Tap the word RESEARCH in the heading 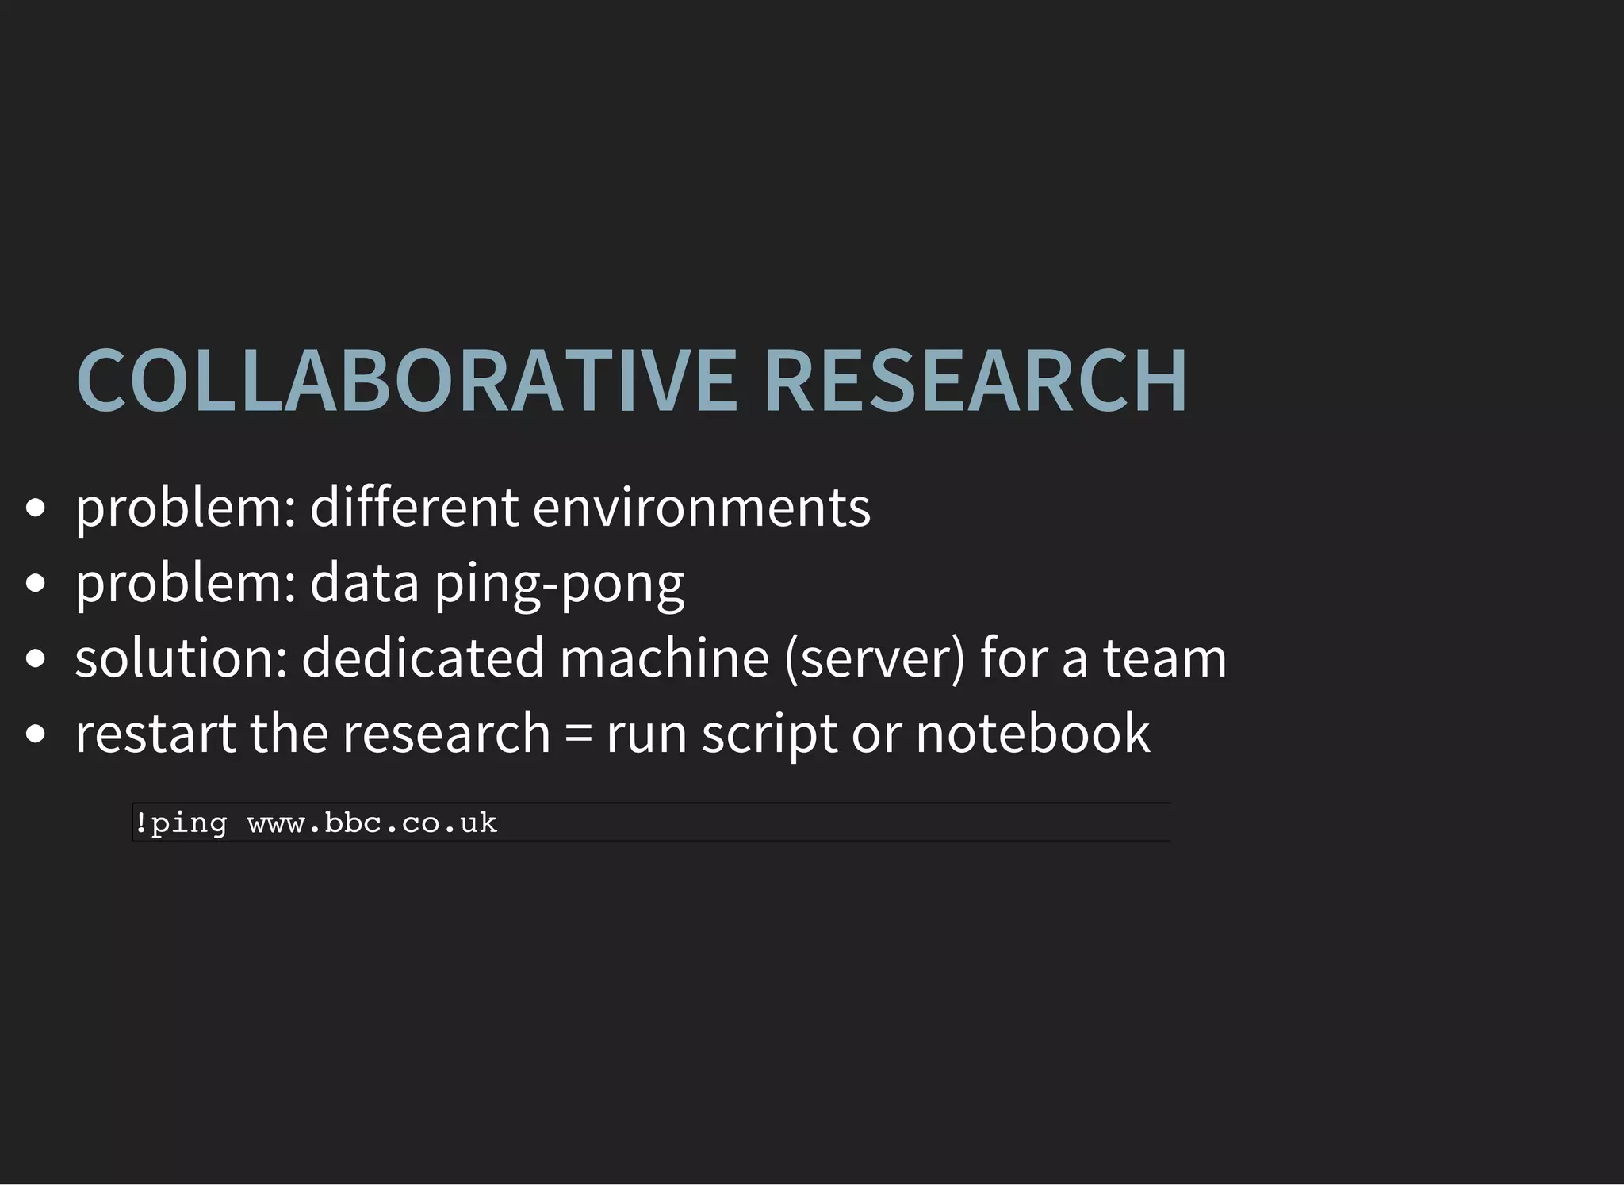(x=975, y=381)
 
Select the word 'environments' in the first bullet (x=701, y=508)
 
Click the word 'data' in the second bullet (x=364, y=582)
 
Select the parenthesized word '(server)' (x=875, y=659)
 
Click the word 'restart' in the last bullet (x=155, y=733)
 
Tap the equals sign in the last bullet (x=579, y=734)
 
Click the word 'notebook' (x=1032, y=733)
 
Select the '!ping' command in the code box (x=181, y=823)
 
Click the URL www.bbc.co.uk (x=372, y=823)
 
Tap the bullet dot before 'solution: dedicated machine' (x=36, y=659)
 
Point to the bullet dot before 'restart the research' (x=36, y=734)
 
